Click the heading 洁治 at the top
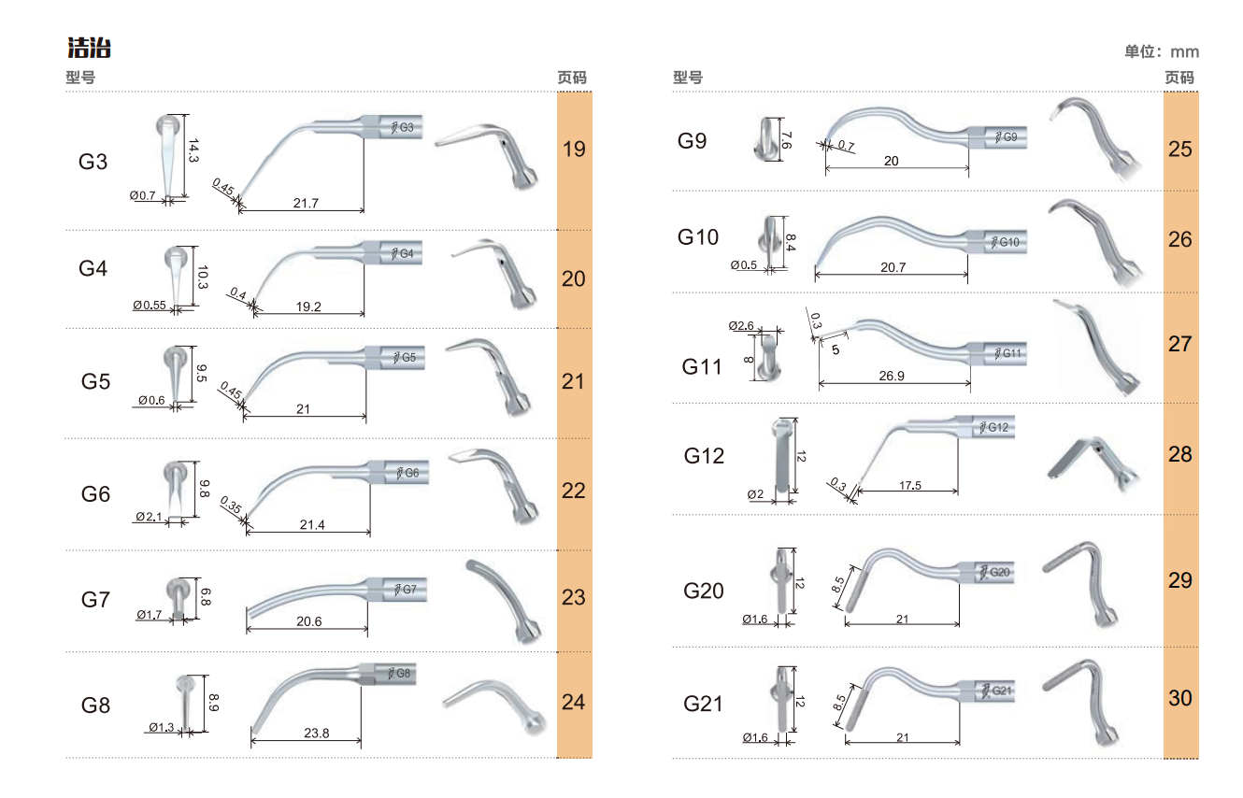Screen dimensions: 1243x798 [90, 48]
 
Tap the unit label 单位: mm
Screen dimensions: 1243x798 [1162, 51]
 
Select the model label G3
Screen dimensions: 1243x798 [93, 162]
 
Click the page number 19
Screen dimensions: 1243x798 [574, 149]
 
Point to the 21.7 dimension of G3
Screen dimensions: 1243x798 [306, 203]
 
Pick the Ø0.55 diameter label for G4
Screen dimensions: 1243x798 [150, 306]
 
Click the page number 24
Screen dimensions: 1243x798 [573, 702]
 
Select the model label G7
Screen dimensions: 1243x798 [95, 599]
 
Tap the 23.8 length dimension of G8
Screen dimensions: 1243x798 [316, 734]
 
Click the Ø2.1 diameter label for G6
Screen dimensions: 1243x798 [149, 517]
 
